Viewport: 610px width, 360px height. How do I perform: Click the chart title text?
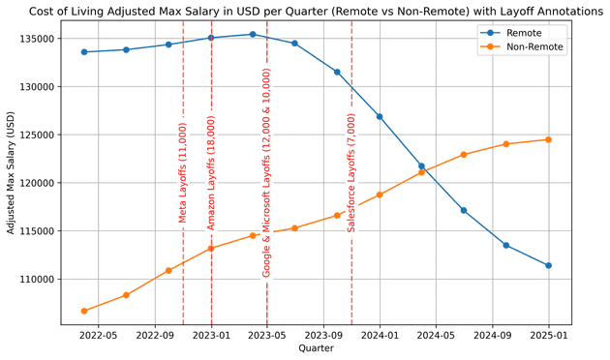(316, 12)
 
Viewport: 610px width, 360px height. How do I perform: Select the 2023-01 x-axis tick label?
(211, 336)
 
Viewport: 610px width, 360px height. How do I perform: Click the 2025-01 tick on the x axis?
(549, 336)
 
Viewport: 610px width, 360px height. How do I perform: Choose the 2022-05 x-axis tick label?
(99, 336)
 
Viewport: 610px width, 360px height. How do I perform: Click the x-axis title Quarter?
(316, 348)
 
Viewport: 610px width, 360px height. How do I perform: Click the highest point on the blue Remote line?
(253, 34)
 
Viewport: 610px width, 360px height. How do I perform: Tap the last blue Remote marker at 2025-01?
(549, 265)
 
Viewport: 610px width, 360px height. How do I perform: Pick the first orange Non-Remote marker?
(84, 311)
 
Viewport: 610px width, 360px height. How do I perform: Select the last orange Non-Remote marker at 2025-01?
(549, 139)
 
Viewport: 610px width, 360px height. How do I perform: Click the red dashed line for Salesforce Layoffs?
(351, 271)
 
